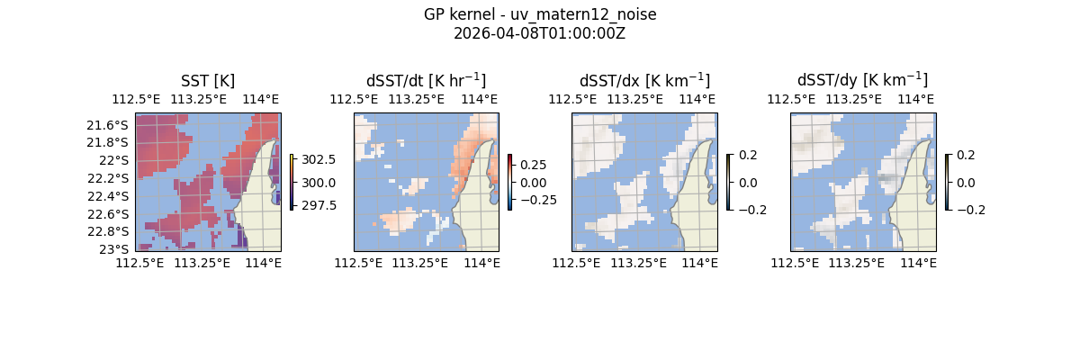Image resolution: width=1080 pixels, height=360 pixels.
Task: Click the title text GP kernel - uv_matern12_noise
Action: (x=539, y=14)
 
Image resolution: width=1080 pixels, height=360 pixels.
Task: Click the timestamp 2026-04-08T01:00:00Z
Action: (x=539, y=33)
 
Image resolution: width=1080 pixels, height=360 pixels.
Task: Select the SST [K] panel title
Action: (x=208, y=80)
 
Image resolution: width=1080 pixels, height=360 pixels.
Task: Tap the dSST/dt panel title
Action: (x=426, y=80)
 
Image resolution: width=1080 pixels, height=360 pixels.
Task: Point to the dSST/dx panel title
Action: (x=644, y=80)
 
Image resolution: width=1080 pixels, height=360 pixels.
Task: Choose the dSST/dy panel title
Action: (x=862, y=80)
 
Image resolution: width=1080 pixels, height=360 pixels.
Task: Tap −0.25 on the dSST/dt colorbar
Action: (x=535, y=200)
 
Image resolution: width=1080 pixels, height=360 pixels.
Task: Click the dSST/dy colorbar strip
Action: (x=947, y=182)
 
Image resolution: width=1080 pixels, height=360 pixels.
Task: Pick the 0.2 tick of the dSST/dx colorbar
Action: (x=747, y=155)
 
